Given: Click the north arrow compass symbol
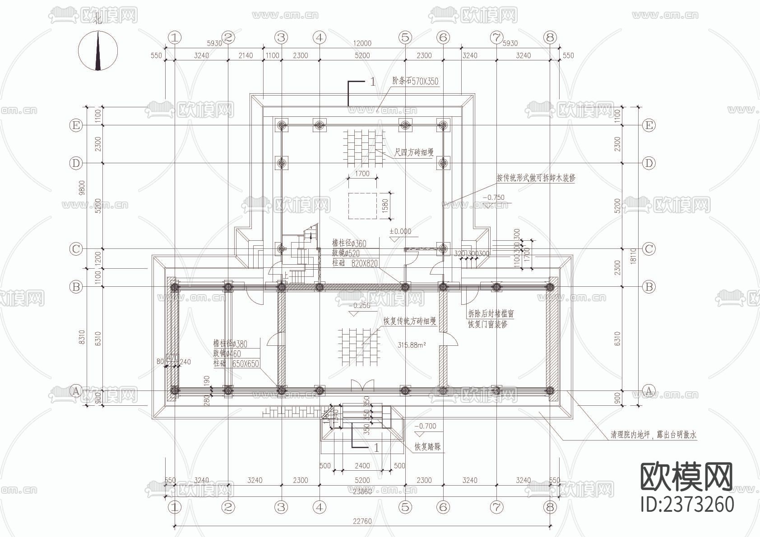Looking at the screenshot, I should (98, 50).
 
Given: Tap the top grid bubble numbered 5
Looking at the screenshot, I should (405, 37).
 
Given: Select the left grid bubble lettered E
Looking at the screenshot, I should (76, 125).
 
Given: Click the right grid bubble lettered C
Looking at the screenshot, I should (649, 249).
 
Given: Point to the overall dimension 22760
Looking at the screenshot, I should (362, 521).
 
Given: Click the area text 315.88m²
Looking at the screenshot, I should (412, 345).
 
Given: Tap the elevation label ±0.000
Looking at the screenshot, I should (400, 231).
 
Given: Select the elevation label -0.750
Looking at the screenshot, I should (493, 197).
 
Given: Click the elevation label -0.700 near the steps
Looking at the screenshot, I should (425, 426).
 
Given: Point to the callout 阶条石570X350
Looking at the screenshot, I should (415, 82).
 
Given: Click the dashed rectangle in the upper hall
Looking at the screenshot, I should (362, 206).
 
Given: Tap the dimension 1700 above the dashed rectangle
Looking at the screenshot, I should (362, 174).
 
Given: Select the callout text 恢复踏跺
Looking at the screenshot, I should (427, 447).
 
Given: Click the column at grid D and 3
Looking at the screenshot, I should (282, 163).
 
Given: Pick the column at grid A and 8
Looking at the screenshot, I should (550, 390).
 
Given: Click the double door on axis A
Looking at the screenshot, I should (362, 386).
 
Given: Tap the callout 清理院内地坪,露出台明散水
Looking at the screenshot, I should (653, 435).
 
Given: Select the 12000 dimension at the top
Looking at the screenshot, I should (362, 43).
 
